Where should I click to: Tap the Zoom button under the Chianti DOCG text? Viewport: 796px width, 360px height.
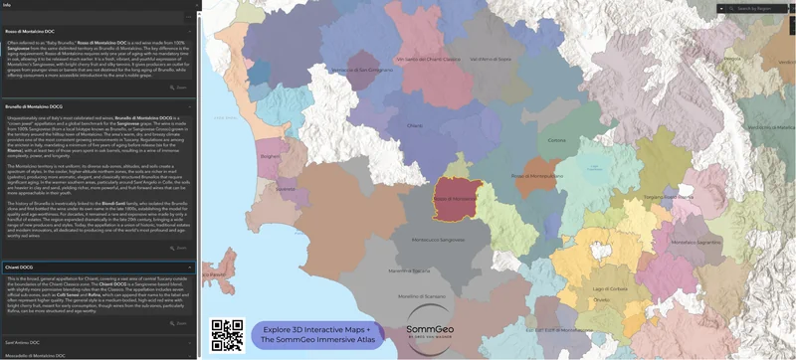pyautogui.click(x=180, y=323)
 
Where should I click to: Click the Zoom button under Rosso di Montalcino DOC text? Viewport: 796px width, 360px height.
pyautogui.click(x=180, y=88)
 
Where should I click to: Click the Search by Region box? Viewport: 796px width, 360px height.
pyautogui.click(x=756, y=8)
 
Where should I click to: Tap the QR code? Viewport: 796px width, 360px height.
pyautogui.click(x=228, y=335)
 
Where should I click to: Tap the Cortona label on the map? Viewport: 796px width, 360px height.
pyautogui.click(x=556, y=140)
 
